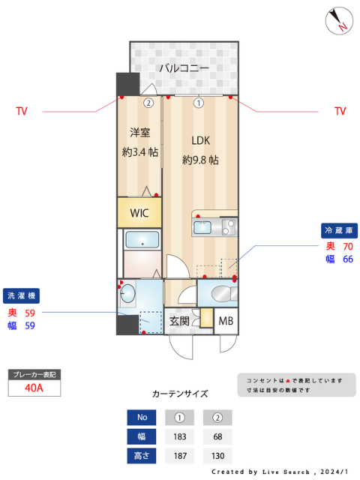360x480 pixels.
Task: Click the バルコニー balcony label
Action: tap(183, 68)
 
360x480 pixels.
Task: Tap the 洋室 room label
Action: tap(139, 133)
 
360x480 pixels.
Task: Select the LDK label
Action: tap(200, 140)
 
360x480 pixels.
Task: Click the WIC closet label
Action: tap(139, 212)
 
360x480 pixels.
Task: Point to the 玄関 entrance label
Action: tap(179, 320)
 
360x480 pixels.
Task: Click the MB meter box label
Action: tap(226, 322)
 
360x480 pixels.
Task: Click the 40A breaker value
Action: tap(34, 388)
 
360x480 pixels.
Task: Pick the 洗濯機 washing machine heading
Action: tap(21, 295)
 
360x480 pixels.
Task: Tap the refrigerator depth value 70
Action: tap(348, 246)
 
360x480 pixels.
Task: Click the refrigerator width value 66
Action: tap(348, 259)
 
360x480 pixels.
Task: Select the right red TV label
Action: tap(340, 111)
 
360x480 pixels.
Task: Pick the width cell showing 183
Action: tap(180, 436)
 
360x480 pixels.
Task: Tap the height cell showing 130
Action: tap(217, 455)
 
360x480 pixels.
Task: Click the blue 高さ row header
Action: tap(142, 455)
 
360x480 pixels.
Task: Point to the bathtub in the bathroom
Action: tap(142, 241)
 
